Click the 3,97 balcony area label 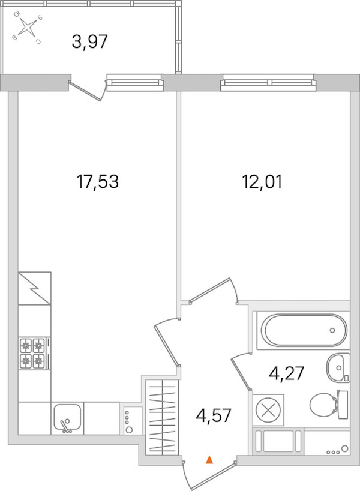tap(89, 41)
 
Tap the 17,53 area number tap(98, 182)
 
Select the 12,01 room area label tap(262, 182)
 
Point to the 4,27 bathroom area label tap(286, 373)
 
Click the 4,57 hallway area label tap(214, 415)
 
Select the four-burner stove tap(32, 353)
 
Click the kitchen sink tap(67, 418)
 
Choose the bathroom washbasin tap(338, 368)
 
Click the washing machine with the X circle tap(268, 409)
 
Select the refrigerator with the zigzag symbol tap(34, 288)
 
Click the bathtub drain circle tap(332, 330)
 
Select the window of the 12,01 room tap(268, 82)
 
